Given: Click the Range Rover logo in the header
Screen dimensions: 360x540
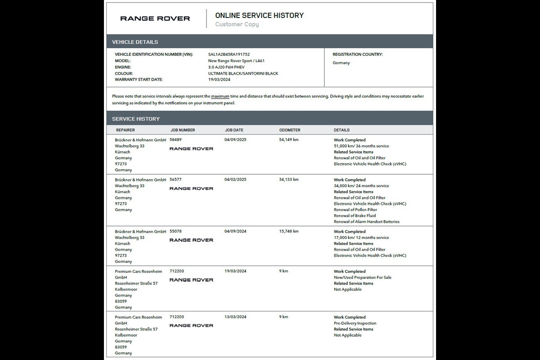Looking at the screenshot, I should point(155,18).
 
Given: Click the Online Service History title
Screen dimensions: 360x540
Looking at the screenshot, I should point(259,15).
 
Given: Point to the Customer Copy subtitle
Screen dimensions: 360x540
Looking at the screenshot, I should point(237,24).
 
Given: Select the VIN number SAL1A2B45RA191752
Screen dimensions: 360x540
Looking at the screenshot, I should point(229,54).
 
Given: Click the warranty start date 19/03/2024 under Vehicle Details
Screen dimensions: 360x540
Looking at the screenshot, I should point(219,80).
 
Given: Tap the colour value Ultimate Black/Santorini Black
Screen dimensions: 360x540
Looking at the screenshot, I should point(243,73).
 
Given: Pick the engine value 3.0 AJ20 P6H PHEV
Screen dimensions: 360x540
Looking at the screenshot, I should point(226,67).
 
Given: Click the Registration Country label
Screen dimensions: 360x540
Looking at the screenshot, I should point(357,54).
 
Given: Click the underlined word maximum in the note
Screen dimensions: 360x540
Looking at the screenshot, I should point(220,96).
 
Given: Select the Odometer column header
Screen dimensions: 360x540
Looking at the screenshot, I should point(290,130).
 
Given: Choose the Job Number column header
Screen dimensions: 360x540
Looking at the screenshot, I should point(183,130).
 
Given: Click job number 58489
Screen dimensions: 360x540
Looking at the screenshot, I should point(175,140).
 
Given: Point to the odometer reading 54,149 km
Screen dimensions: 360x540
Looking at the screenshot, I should point(289,140).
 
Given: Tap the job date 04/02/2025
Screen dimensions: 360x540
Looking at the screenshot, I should point(235,180).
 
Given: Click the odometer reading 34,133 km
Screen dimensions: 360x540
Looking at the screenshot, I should point(289,180).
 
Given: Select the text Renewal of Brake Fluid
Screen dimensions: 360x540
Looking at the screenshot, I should point(355,216).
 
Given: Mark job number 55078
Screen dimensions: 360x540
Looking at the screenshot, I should point(175,231).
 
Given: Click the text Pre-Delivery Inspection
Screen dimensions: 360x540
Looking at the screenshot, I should point(355,323).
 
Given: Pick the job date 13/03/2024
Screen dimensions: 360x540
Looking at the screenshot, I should point(235,317).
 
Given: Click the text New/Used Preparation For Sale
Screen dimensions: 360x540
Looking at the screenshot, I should point(362,278).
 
